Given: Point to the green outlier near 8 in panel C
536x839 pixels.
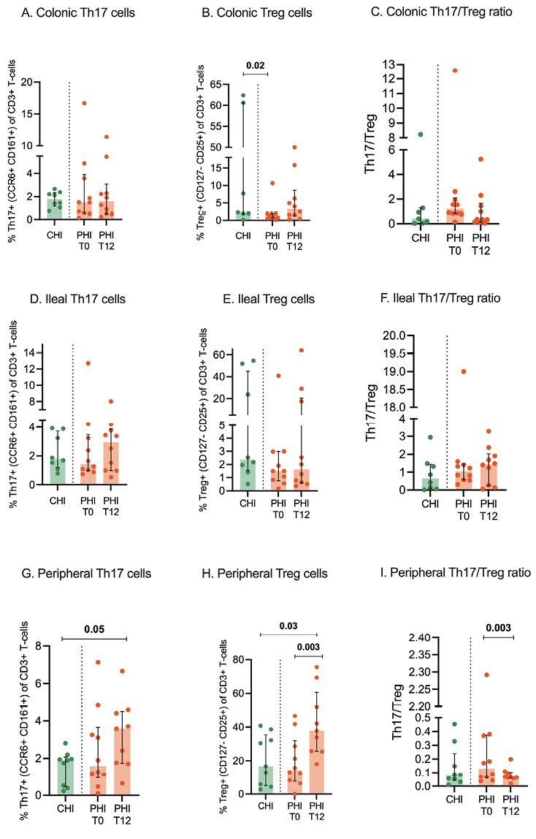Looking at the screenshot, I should click(421, 134).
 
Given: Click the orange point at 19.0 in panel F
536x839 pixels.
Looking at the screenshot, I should click(463, 371).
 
